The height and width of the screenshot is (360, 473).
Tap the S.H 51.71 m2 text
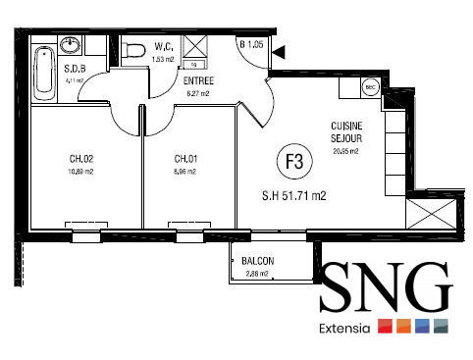click(x=293, y=194)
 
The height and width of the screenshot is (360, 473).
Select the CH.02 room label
click(x=80, y=159)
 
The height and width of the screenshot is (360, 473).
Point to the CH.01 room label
click(x=185, y=159)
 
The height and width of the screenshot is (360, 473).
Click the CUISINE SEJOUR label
click(x=346, y=132)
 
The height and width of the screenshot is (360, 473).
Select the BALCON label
click(x=257, y=260)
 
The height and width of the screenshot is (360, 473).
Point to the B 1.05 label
click(x=252, y=44)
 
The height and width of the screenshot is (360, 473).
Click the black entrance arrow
click(x=280, y=51)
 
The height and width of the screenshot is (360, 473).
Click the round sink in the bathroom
click(x=72, y=45)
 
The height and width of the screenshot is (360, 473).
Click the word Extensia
click(x=344, y=328)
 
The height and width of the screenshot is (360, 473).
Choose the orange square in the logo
click(x=403, y=328)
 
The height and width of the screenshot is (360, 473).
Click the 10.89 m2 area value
click(x=80, y=171)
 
